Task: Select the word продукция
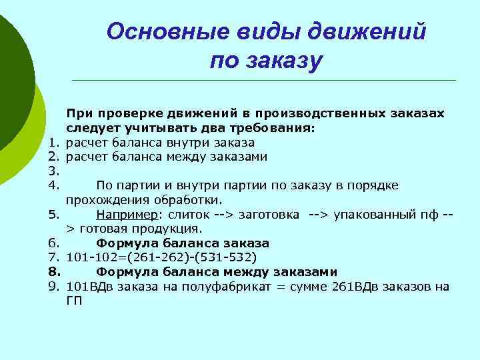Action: (165, 229)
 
